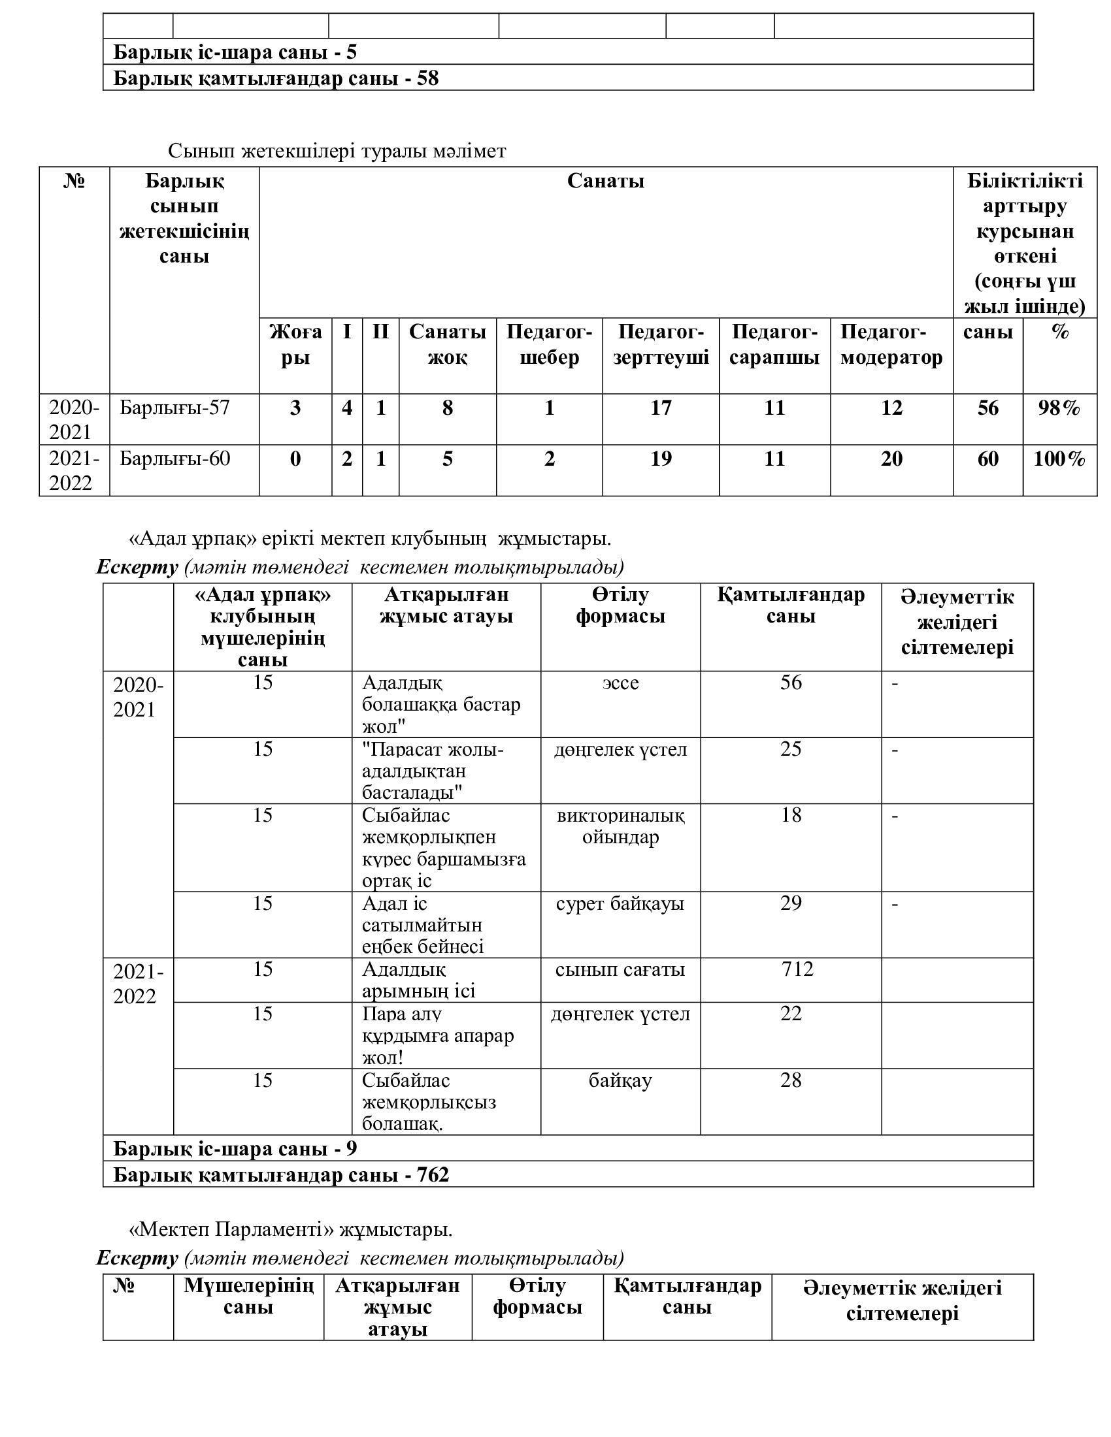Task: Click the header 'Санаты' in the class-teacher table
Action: coord(606,181)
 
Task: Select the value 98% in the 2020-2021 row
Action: coord(1059,408)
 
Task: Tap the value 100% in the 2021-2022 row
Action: coord(1059,459)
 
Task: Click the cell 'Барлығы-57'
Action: coord(174,408)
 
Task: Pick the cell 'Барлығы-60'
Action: coord(174,459)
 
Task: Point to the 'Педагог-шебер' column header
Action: coord(549,345)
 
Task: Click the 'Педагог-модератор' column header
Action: coord(891,345)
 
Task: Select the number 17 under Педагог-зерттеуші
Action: coord(660,408)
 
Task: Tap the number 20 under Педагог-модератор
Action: coord(891,459)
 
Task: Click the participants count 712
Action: coord(797,969)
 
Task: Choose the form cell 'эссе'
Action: coord(620,683)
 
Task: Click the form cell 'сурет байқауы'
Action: coord(620,903)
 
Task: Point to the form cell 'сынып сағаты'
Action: coord(620,969)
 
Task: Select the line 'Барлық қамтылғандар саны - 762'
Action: coord(281,1174)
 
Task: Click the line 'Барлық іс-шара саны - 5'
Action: coord(235,52)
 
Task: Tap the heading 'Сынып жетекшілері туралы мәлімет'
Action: coord(337,152)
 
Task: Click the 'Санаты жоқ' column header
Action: coord(448,345)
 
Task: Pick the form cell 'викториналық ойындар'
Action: coord(620,826)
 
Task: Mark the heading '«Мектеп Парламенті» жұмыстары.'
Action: coord(290,1229)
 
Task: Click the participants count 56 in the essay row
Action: coord(791,683)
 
